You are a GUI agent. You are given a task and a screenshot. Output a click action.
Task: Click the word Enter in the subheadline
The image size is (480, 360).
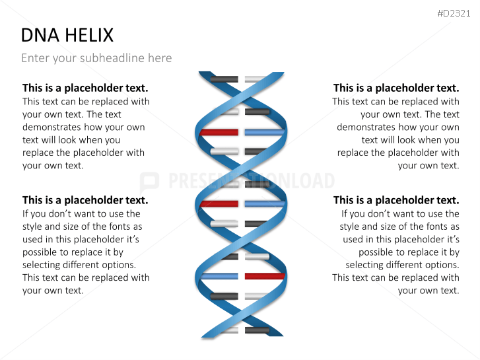click(x=35, y=58)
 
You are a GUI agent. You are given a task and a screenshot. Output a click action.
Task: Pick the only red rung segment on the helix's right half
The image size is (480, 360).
click(x=265, y=276)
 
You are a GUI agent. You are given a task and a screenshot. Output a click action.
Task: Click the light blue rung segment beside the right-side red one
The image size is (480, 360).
click(x=219, y=276)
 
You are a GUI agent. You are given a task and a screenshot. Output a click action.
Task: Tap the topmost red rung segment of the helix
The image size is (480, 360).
click(x=219, y=133)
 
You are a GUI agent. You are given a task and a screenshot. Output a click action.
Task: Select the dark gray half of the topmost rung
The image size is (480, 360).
click(x=224, y=79)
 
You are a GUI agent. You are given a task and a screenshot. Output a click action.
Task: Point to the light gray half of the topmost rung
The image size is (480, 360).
click(x=254, y=79)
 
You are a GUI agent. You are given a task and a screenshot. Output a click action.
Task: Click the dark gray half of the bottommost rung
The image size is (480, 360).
click(x=257, y=330)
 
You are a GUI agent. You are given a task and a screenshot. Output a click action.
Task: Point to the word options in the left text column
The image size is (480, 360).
click(x=119, y=265)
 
